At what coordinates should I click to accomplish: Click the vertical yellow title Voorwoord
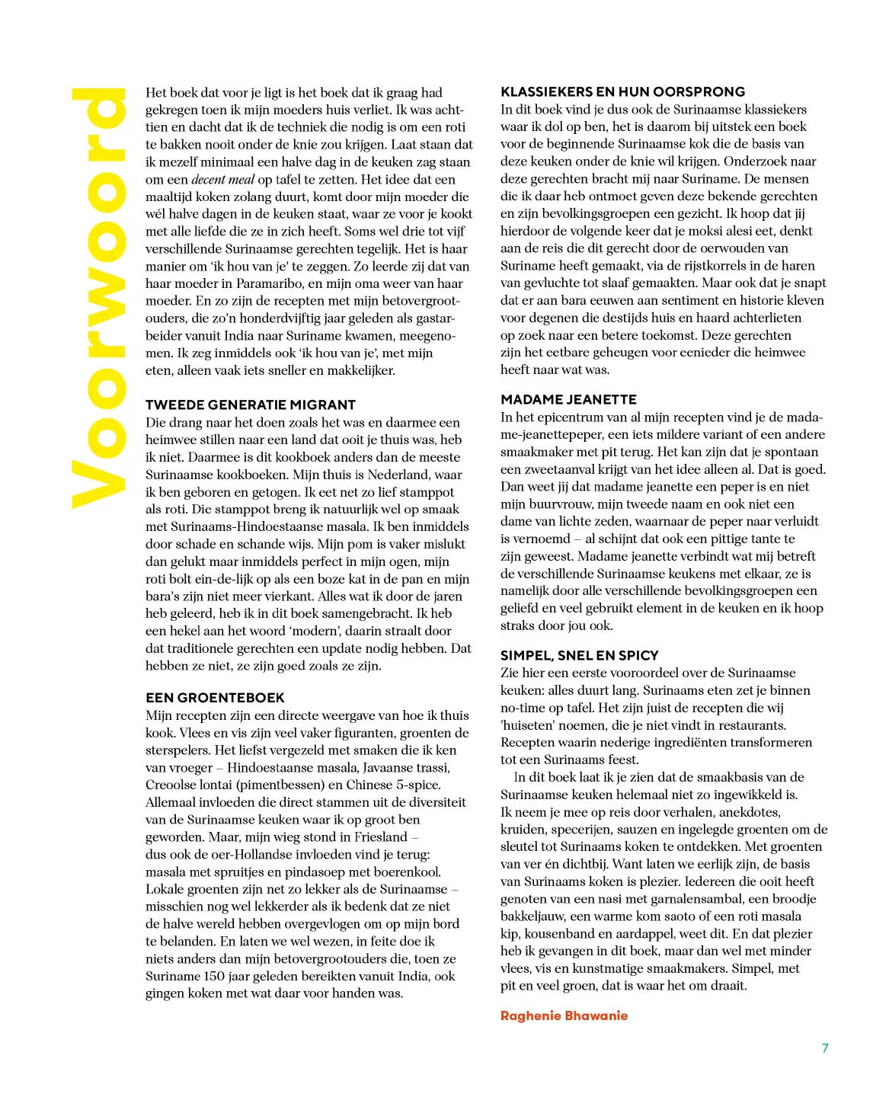(x=98, y=299)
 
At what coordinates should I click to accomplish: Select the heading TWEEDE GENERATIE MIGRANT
(x=251, y=405)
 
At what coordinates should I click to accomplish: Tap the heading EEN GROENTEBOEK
(x=215, y=698)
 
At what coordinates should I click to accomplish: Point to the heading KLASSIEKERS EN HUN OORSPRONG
(x=622, y=92)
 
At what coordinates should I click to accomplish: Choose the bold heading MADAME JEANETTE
(x=568, y=400)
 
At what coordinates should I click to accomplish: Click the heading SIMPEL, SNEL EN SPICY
(x=579, y=656)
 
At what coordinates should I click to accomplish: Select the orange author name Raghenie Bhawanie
(x=564, y=1015)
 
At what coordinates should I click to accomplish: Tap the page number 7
(x=825, y=1048)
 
